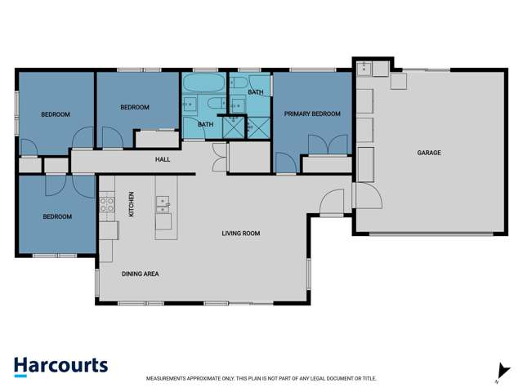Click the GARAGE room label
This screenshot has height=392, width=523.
(x=429, y=153)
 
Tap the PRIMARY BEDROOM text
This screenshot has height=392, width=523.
(x=312, y=114)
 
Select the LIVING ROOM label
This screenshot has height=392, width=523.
(x=240, y=234)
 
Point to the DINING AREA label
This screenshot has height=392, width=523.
(x=140, y=274)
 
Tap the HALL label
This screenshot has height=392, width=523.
(x=163, y=159)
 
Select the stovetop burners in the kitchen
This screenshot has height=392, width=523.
(x=106, y=204)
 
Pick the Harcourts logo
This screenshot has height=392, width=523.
(x=60, y=366)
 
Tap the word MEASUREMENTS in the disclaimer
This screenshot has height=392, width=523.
(x=172, y=379)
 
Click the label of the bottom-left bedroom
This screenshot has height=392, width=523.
(x=57, y=216)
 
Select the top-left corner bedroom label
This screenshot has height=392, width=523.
(x=56, y=114)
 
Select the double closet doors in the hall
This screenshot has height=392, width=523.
(x=218, y=156)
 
